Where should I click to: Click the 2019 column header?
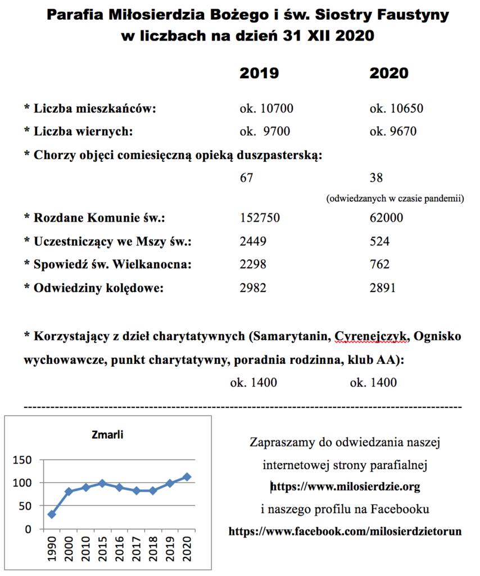tap(259, 73)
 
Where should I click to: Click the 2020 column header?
tap(388, 73)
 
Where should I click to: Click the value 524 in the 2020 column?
tap(380, 242)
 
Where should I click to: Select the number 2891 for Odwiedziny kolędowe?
tap(383, 288)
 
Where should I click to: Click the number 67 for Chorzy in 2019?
tap(247, 178)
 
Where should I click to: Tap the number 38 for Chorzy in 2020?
tap(376, 178)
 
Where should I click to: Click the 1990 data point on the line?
tap(52, 514)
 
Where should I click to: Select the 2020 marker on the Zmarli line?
tap(187, 477)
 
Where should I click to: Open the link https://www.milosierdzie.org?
tap(345, 486)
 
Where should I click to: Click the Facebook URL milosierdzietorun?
tap(345, 531)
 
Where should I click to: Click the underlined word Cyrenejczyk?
tap(372, 337)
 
